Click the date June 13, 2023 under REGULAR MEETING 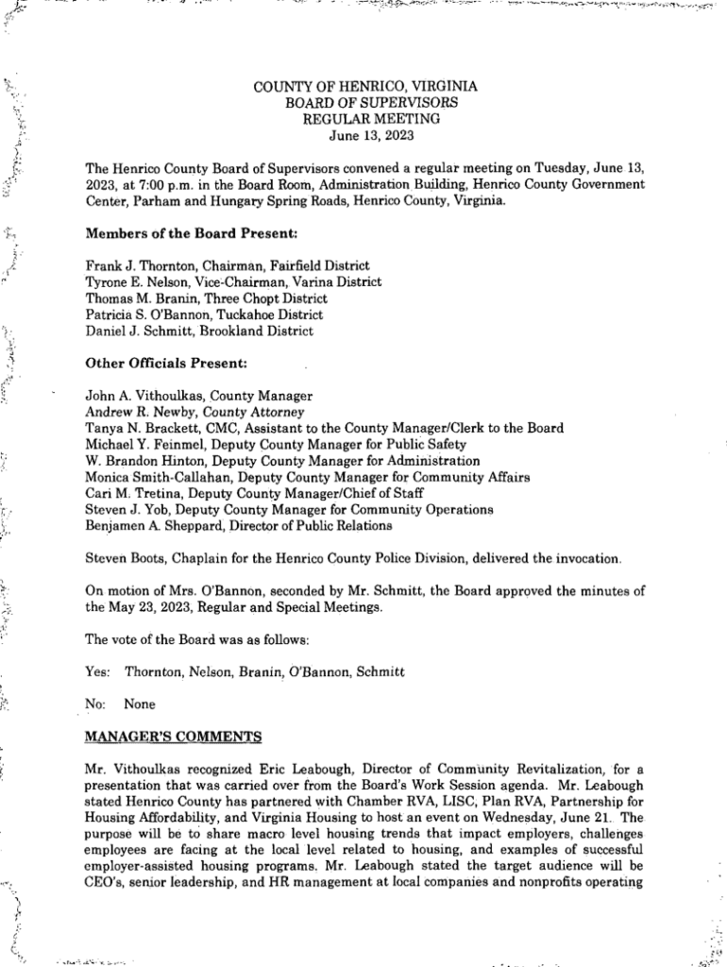tap(365, 135)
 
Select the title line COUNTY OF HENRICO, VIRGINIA tap(365, 86)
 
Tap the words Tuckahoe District tap(268, 314)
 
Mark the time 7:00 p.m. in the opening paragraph tap(161, 184)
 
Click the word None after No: tap(140, 704)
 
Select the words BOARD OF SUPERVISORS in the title tap(365, 102)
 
